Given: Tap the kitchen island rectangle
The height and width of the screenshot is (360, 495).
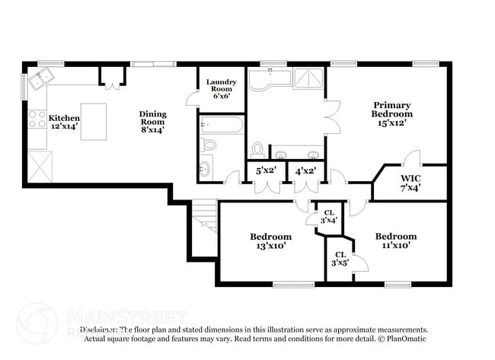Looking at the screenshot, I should (94, 122).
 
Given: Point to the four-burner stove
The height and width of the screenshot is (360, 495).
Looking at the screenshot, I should (36, 119).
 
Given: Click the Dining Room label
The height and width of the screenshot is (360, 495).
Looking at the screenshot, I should (152, 122).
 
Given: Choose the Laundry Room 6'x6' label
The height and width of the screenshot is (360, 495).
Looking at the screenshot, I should (222, 88).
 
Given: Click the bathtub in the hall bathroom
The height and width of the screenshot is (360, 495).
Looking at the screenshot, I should (222, 125).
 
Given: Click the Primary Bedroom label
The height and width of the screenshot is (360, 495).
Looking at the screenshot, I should (392, 113).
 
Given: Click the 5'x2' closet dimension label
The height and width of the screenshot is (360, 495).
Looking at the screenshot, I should (266, 171).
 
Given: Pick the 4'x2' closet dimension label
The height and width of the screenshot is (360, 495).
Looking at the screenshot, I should (305, 171).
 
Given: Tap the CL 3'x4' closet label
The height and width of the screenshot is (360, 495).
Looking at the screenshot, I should (329, 216).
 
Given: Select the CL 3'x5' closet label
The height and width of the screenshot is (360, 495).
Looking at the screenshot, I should (339, 259).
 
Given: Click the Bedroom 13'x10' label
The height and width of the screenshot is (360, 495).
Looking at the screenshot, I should (270, 241).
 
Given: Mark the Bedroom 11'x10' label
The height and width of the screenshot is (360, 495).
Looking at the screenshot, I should (396, 241).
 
